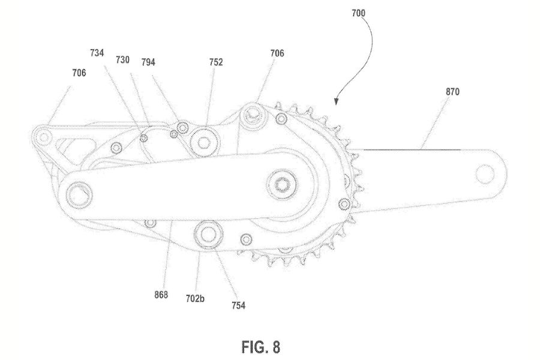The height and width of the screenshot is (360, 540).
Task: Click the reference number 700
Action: [x=359, y=11]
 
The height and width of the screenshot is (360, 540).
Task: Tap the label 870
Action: [x=453, y=92]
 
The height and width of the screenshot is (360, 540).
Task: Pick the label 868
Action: [x=160, y=295]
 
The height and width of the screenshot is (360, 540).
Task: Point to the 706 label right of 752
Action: [x=277, y=53]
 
